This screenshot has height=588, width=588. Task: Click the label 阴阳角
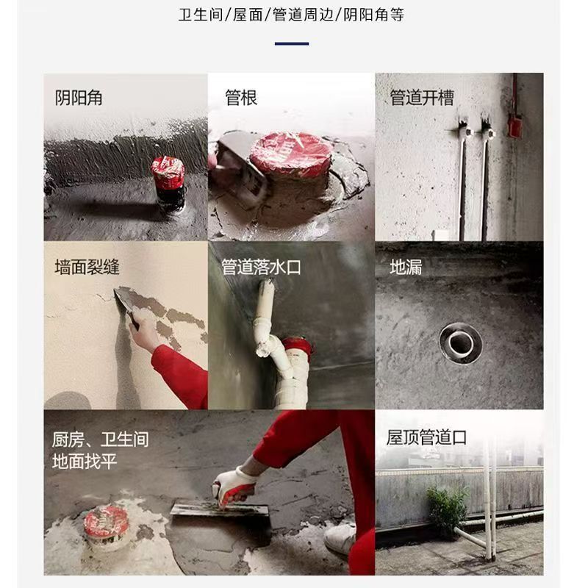79,97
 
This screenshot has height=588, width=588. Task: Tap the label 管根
241,97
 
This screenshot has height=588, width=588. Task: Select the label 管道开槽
422,97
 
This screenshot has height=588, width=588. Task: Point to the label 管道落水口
261,266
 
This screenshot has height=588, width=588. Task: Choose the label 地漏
406,266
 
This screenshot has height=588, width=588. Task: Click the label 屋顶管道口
426,437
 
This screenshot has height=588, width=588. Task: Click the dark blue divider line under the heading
292,43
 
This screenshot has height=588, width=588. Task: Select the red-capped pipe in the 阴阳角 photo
168,179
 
